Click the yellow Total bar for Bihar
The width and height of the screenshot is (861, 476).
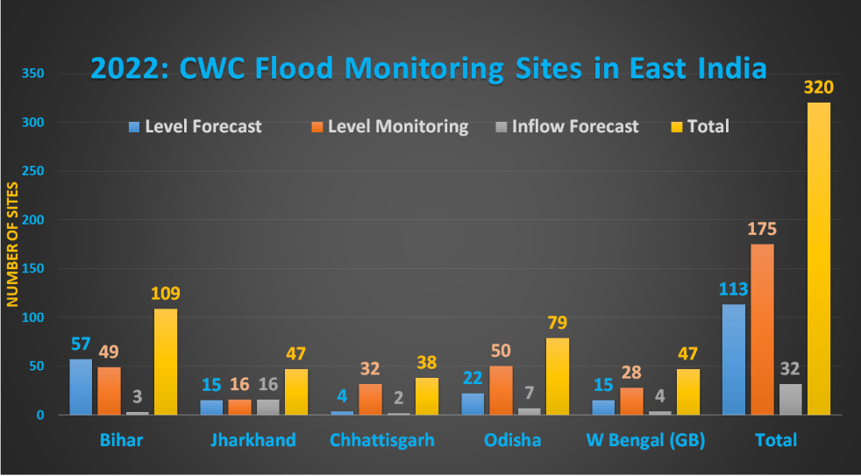[166, 361]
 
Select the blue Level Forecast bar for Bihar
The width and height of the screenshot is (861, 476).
[81, 387]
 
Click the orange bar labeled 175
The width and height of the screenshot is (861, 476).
[761, 329]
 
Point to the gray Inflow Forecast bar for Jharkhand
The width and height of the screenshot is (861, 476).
[267, 407]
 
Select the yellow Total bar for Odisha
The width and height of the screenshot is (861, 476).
[558, 376]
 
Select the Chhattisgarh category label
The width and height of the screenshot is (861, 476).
[381, 439]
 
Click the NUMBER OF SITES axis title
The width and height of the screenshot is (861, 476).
[13, 245]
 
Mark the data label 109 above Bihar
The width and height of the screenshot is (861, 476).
[165, 294]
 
